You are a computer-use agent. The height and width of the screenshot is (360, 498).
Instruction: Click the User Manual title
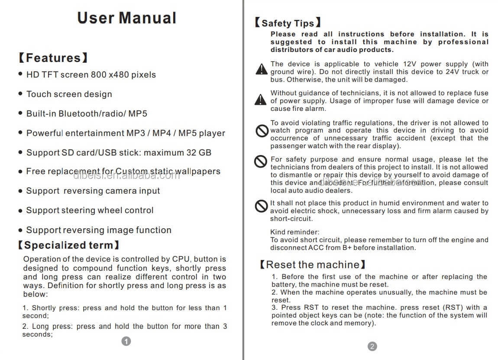126,18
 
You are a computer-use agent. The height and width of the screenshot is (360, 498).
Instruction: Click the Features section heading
53,58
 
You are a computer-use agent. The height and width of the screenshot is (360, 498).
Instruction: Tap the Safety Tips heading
288,23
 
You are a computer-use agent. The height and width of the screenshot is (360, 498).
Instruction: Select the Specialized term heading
68,245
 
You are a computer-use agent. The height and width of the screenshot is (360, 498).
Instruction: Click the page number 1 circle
126,341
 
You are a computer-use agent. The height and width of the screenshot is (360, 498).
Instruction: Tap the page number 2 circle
372,346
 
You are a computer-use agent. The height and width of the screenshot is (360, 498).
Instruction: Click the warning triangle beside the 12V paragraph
261,69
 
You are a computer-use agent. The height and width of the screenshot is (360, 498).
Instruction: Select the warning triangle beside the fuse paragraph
260,100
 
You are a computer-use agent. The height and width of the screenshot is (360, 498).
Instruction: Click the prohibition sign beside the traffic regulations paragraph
262,131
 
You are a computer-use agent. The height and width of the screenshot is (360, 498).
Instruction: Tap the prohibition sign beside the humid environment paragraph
261,206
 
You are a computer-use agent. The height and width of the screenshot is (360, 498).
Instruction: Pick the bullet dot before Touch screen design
20,94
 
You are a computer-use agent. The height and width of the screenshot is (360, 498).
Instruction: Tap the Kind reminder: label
295,232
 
